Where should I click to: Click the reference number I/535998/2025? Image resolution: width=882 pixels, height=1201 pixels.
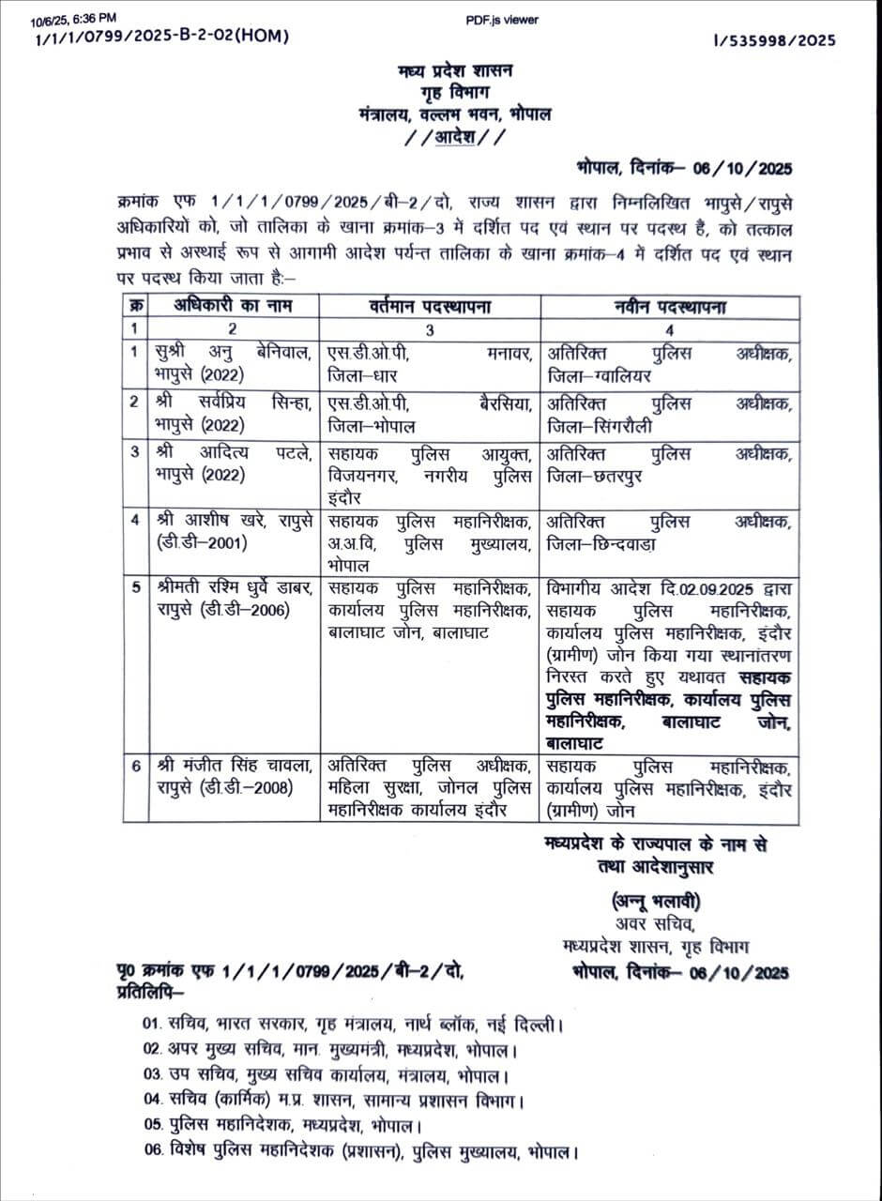[x=774, y=40]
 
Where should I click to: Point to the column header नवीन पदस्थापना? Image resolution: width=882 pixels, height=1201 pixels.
[x=669, y=307]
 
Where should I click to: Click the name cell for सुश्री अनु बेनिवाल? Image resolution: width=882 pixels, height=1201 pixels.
[x=231, y=361]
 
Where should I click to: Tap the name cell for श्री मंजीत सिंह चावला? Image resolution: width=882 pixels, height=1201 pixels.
[x=231, y=777]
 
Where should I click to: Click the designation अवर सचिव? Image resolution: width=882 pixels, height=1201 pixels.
[x=647, y=924]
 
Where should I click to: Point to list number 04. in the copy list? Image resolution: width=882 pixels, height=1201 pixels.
[x=153, y=1100]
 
